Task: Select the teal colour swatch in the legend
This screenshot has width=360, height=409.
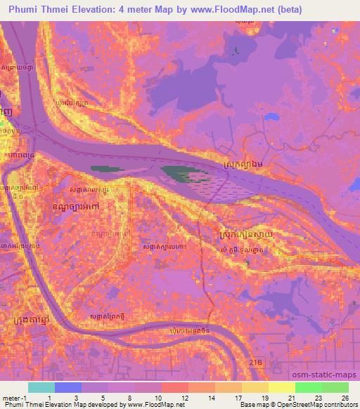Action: pos(41,387)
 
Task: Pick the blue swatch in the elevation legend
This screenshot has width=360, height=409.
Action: pos(67,387)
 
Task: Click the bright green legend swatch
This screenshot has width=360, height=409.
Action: pos(308,387)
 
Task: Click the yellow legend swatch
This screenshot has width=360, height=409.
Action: pos(281,387)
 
